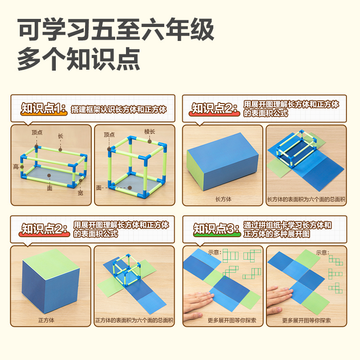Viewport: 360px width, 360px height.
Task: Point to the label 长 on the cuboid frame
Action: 60,135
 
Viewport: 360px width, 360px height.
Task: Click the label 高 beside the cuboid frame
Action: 16,166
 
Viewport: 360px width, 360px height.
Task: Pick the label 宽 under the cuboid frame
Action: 80,193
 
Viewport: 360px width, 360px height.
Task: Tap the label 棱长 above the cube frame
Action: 149,131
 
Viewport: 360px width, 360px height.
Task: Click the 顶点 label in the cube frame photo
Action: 109,135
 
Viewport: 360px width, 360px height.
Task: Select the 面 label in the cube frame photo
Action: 99,187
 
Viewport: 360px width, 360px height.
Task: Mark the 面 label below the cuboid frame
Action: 50,188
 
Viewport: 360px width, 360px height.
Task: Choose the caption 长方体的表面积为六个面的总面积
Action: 306,199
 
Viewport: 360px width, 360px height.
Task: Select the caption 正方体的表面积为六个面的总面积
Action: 134,320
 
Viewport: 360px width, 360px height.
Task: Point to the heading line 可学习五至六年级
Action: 115,30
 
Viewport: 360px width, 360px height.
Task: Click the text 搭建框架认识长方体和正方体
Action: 119,109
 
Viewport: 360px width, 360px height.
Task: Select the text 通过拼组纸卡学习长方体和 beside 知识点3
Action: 288,225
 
